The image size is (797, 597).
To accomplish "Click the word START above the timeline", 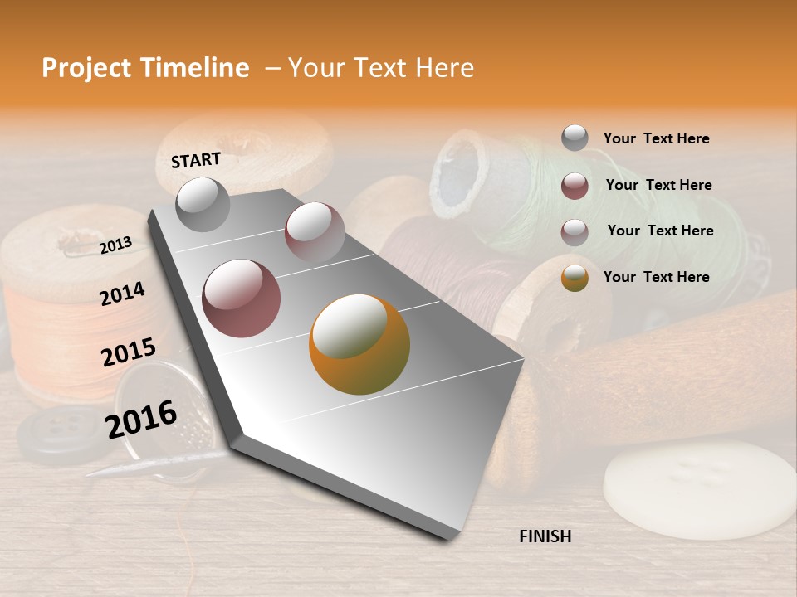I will click(x=196, y=160).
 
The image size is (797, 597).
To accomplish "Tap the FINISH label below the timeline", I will click(x=545, y=536).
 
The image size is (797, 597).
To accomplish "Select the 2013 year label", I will click(x=115, y=245).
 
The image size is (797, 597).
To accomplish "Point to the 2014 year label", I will click(x=122, y=294).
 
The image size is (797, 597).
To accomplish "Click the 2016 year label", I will click(x=141, y=419).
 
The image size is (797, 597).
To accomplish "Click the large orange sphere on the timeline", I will click(x=359, y=344).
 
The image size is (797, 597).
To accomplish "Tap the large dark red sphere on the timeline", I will click(x=242, y=298).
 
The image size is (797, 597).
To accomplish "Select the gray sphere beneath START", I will click(x=203, y=204).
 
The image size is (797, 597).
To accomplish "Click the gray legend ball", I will click(x=575, y=138).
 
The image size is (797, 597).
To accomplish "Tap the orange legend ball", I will click(x=575, y=278).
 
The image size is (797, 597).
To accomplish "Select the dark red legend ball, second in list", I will click(x=575, y=186).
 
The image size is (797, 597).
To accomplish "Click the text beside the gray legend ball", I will click(x=656, y=138).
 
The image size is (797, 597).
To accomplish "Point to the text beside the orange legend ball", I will click(x=656, y=277).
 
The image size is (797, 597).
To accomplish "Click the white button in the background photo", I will click(x=698, y=489).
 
